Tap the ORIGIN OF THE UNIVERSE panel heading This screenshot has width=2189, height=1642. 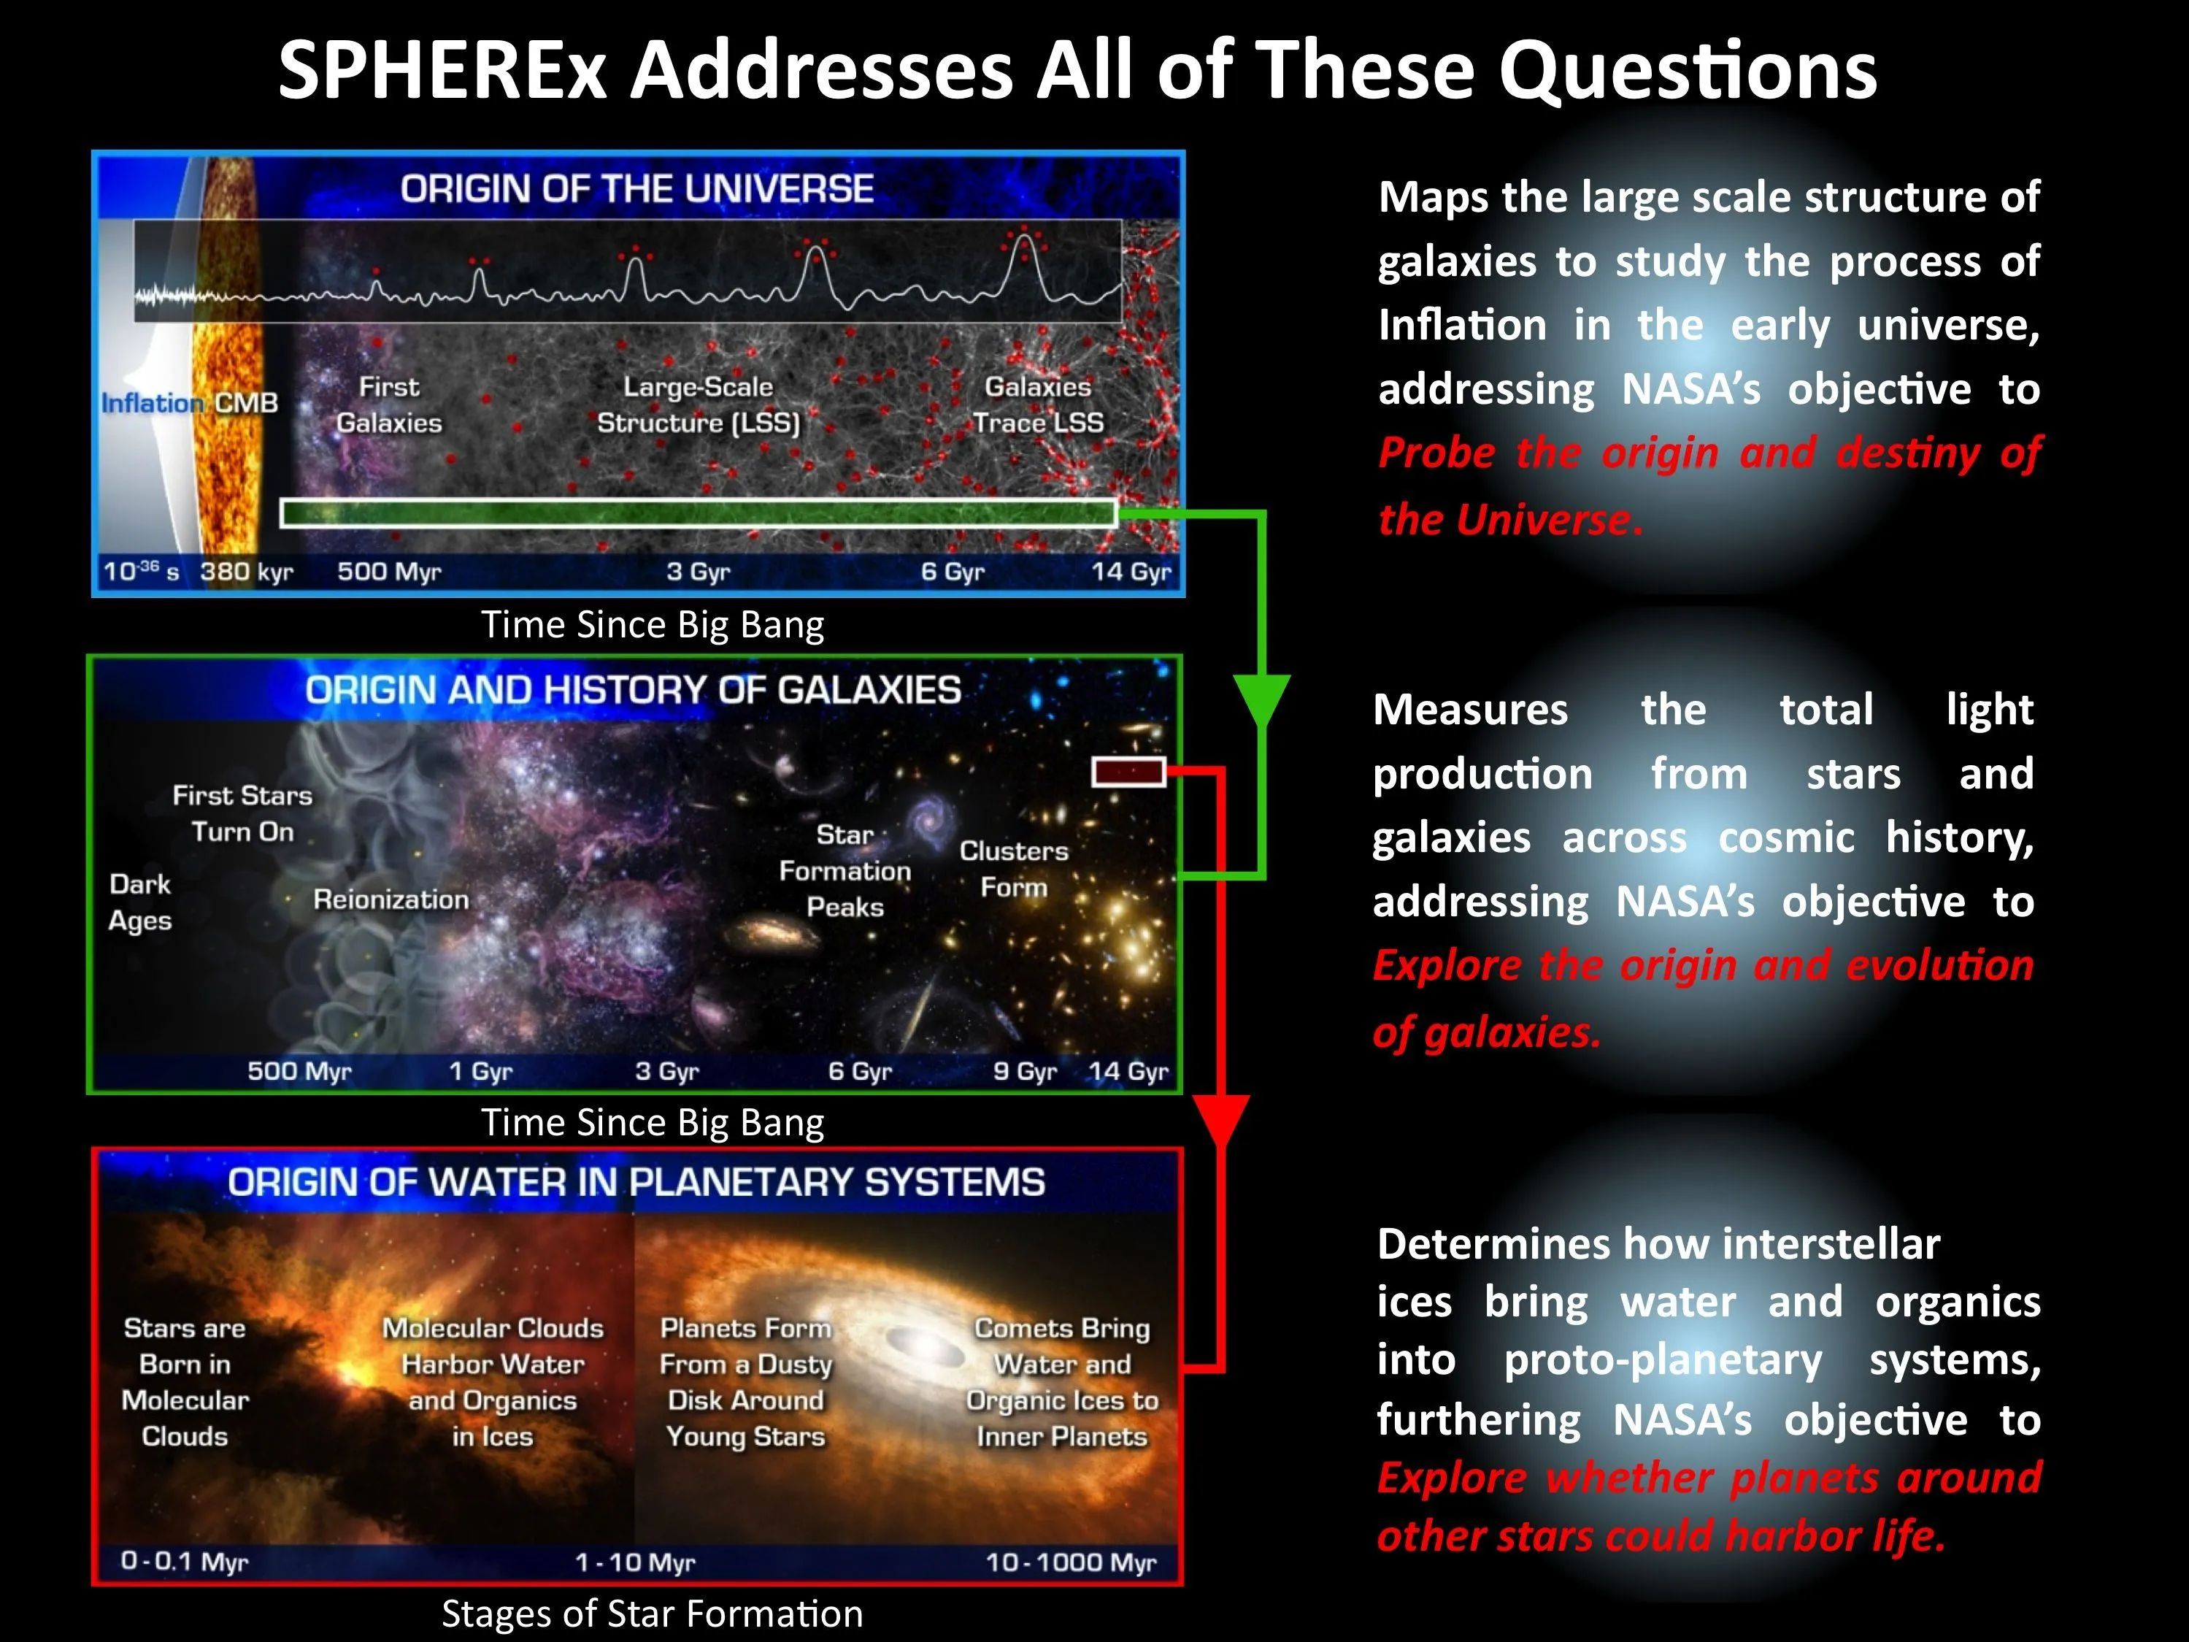pos(636,188)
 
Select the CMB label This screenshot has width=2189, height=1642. pos(247,403)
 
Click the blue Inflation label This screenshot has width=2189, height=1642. pos(151,403)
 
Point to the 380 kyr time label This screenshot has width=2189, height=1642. pos(247,571)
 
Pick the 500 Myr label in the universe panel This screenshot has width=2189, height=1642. pos(389,571)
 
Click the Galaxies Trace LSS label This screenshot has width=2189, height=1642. pos(1037,404)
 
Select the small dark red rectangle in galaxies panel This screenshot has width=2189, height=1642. pos(1128,772)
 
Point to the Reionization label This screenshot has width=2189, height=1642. pos(391,899)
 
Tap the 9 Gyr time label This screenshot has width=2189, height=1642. pos(1024,1071)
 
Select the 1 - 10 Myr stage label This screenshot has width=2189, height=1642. pos(634,1562)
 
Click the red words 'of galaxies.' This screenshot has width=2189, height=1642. pos(1485,1032)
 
